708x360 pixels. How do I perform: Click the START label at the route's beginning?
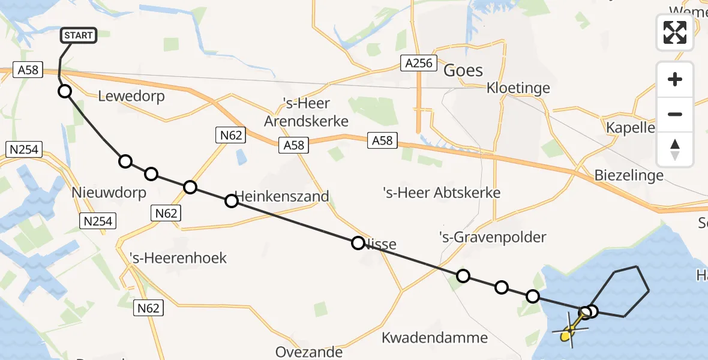(79, 35)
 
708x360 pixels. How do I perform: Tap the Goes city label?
(463, 70)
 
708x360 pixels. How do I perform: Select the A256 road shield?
(418, 63)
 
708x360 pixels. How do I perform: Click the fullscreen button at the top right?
(675, 32)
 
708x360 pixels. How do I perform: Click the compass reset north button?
(675, 149)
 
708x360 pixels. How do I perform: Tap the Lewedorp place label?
(131, 96)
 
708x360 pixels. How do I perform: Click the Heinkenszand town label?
(282, 196)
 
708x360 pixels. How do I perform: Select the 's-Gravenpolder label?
(493, 237)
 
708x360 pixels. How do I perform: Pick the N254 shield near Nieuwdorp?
(97, 221)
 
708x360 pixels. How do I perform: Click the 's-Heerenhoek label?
(178, 258)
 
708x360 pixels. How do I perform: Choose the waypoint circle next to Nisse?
(358, 243)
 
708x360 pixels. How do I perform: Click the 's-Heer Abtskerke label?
(442, 193)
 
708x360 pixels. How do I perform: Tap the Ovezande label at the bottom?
(309, 352)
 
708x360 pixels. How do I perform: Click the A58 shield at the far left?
(28, 70)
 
